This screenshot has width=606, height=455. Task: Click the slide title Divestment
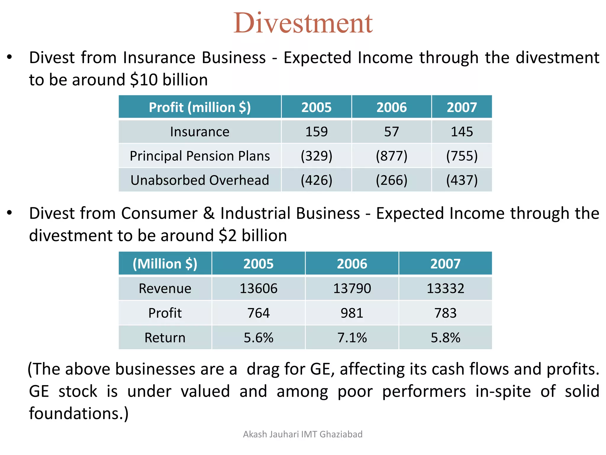303,23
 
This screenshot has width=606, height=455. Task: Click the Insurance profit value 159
316,132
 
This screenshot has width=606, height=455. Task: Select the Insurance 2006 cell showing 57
391,132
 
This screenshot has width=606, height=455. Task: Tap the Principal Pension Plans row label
200,156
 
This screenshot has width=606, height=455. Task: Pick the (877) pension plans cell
391,156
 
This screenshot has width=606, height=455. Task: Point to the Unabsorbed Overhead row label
200,180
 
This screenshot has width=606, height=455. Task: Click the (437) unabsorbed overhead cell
462,180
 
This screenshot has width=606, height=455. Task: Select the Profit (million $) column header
200,107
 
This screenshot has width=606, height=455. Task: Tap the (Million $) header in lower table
165,264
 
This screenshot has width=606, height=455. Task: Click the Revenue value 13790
352,288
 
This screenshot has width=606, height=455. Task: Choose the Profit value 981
352,313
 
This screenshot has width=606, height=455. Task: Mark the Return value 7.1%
352,337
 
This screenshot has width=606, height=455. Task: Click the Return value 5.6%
258,337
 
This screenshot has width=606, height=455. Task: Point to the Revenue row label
165,288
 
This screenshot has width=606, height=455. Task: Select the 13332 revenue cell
445,288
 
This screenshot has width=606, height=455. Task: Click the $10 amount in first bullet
144,80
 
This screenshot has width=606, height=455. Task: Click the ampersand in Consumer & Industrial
209,213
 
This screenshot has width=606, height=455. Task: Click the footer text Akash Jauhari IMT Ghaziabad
303,434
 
